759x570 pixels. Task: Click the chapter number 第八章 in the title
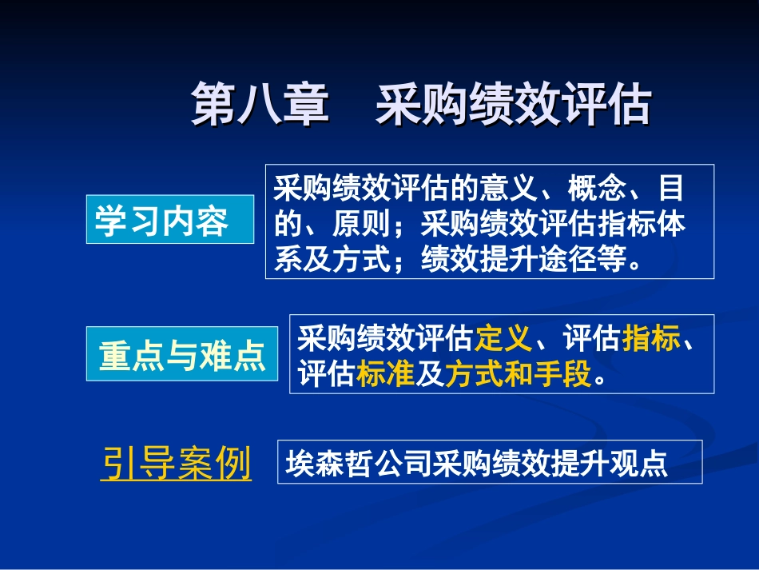pyautogui.click(x=260, y=104)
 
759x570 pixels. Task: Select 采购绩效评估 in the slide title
pyautogui.click(x=513, y=104)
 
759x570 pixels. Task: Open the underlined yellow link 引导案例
pyautogui.click(x=176, y=462)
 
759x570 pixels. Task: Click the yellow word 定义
pyautogui.click(x=503, y=340)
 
